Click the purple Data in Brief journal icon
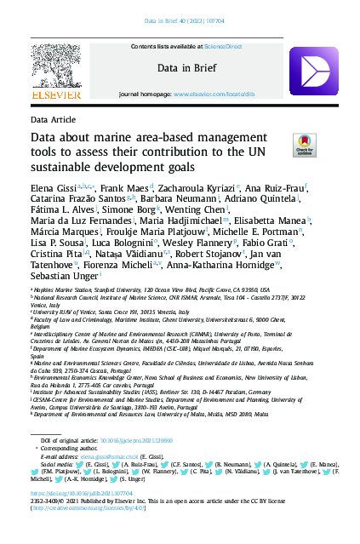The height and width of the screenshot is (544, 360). click(309, 67)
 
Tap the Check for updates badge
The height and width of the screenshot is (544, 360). click(302, 144)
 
